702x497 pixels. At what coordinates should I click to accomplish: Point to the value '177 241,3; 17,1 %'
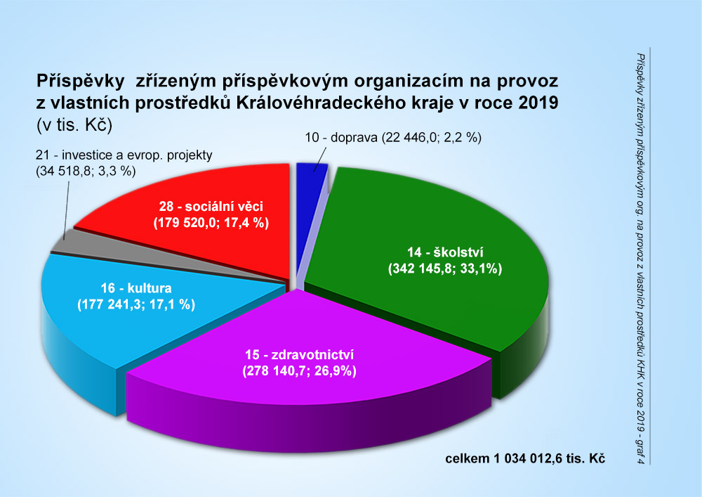[x=135, y=304]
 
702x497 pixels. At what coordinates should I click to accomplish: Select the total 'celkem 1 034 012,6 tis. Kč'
[x=525, y=458]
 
